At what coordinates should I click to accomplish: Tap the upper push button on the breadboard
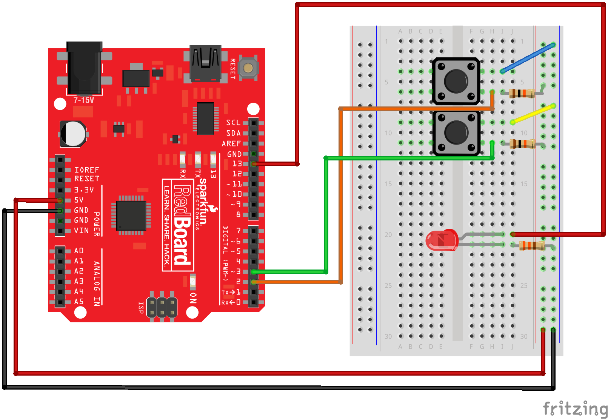click(456, 81)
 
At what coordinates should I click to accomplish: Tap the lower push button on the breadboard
click(456, 132)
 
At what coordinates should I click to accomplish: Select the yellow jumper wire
click(533, 114)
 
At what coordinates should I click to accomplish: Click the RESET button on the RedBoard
click(248, 68)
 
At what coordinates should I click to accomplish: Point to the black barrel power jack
click(85, 68)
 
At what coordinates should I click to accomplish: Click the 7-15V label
click(84, 100)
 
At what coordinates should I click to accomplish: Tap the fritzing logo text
click(574, 409)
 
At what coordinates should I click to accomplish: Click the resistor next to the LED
click(532, 246)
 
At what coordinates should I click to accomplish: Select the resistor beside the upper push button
click(522, 93)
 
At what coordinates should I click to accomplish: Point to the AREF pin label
click(231, 144)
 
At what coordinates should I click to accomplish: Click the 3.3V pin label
click(84, 190)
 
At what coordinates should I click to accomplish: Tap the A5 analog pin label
click(79, 302)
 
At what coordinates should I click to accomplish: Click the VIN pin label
click(81, 231)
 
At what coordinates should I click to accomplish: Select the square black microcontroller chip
click(131, 216)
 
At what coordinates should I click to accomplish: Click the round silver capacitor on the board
click(73, 134)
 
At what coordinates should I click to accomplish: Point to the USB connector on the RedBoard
click(205, 63)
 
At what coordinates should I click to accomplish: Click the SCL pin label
click(233, 123)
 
